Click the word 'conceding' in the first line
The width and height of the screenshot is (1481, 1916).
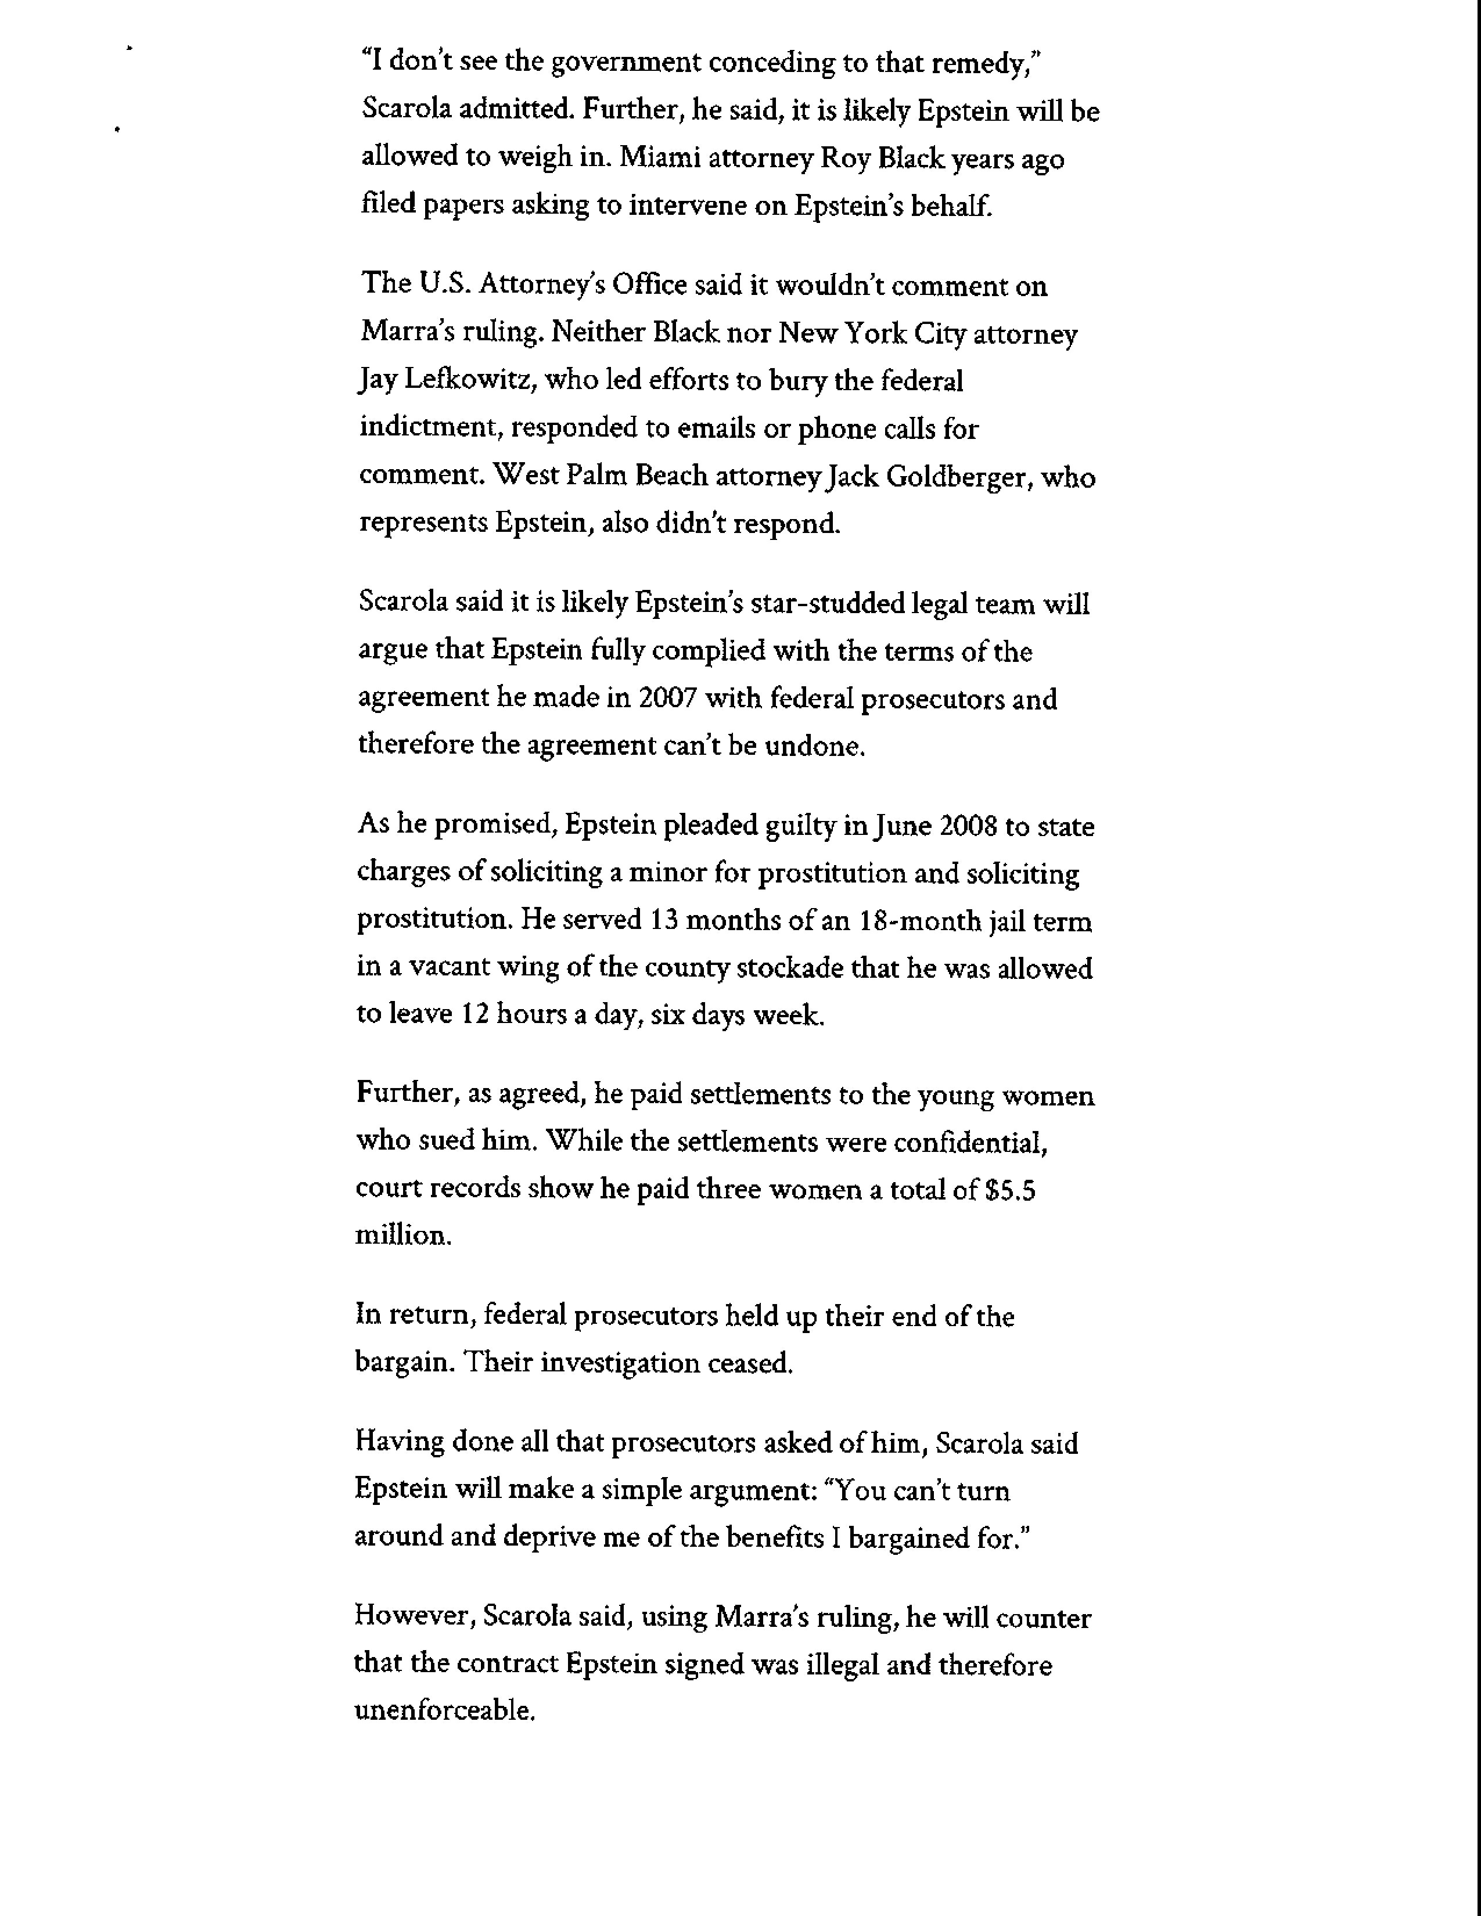(x=771, y=62)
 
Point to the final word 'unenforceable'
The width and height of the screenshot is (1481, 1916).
(x=444, y=1710)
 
